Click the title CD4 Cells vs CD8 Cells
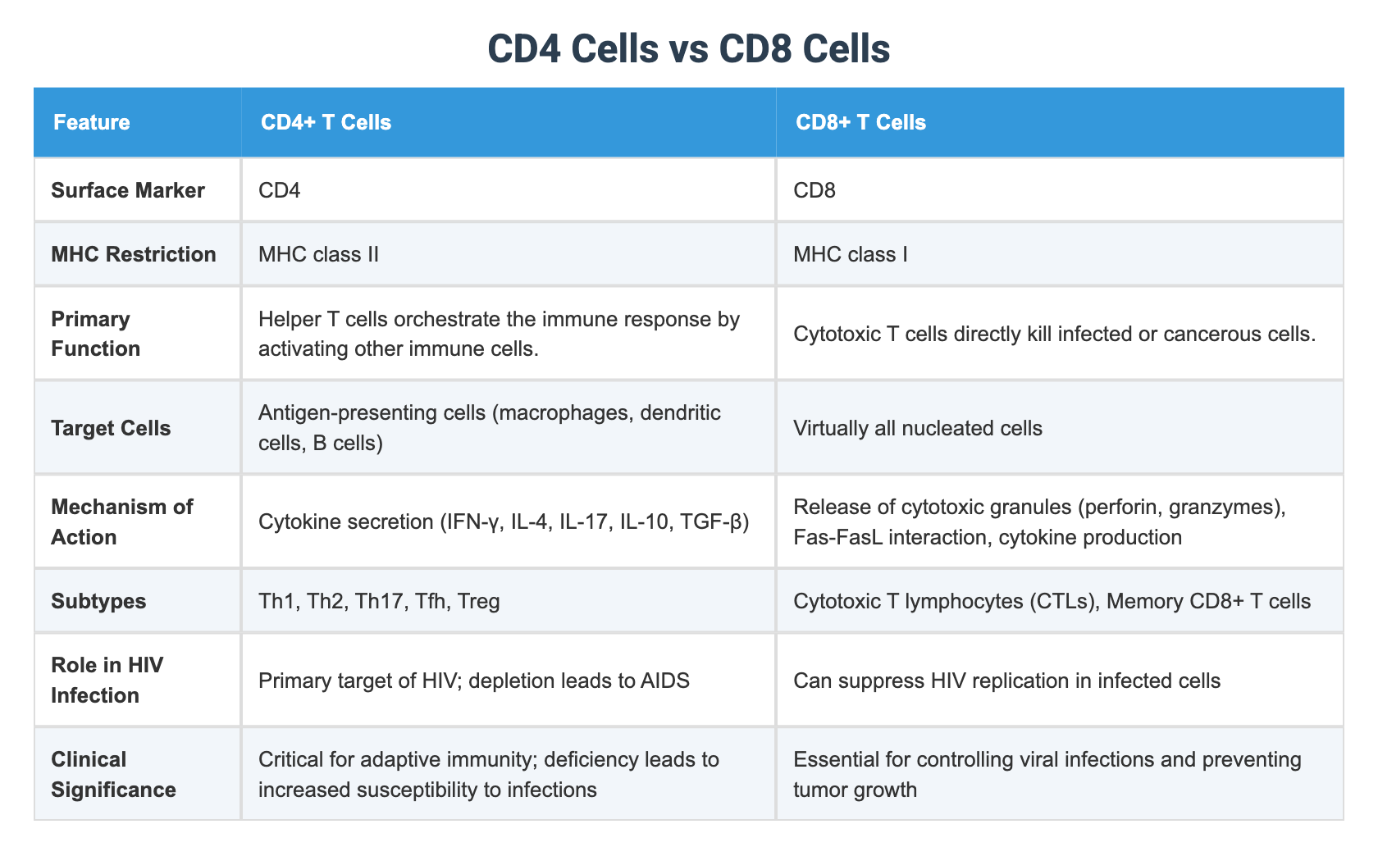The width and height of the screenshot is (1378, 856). coord(688,49)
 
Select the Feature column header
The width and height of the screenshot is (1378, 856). coord(91,123)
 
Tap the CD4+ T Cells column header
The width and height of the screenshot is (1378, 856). coord(326,123)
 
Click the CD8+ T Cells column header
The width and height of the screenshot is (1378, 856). coord(860,123)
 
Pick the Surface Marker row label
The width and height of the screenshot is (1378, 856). coord(127,190)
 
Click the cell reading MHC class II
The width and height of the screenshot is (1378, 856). coord(318,254)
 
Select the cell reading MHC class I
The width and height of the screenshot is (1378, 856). coord(851,254)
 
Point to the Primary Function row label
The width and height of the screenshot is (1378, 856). coord(95,334)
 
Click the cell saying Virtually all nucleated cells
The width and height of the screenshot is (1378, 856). coord(918,428)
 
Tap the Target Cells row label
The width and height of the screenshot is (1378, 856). coord(111,428)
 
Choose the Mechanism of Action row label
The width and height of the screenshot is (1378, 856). coord(121,521)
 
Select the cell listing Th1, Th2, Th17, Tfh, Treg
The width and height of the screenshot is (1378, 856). coord(379,602)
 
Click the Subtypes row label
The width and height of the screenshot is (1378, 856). coord(98,602)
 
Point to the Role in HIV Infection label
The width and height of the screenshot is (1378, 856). coord(107,680)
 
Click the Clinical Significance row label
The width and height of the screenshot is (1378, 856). coord(113,774)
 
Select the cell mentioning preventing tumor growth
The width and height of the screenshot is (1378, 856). coord(1047,774)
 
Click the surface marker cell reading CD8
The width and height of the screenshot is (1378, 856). coord(814,190)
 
